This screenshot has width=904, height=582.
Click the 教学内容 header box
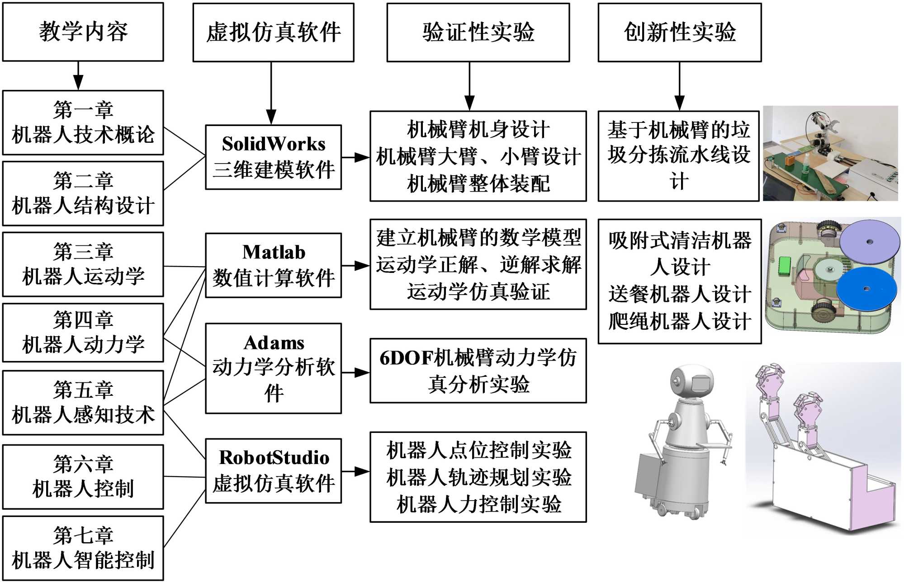click(83, 32)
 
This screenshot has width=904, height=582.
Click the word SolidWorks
click(274, 144)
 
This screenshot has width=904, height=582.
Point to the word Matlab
click(274, 252)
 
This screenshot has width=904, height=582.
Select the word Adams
click(274, 343)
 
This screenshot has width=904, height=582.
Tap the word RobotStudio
click(274, 458)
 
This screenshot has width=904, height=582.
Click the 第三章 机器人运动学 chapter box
click(83, 264)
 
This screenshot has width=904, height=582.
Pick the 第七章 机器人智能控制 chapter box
click(83, 548)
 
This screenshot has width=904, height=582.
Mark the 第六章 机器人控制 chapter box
click(83, 477)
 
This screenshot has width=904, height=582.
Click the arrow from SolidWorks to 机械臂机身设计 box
click(356, 157)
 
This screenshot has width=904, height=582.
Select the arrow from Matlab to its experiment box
click(356, 266)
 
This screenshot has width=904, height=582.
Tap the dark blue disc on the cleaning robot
click(866, 289)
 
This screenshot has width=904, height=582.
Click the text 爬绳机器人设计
click(679, 321)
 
